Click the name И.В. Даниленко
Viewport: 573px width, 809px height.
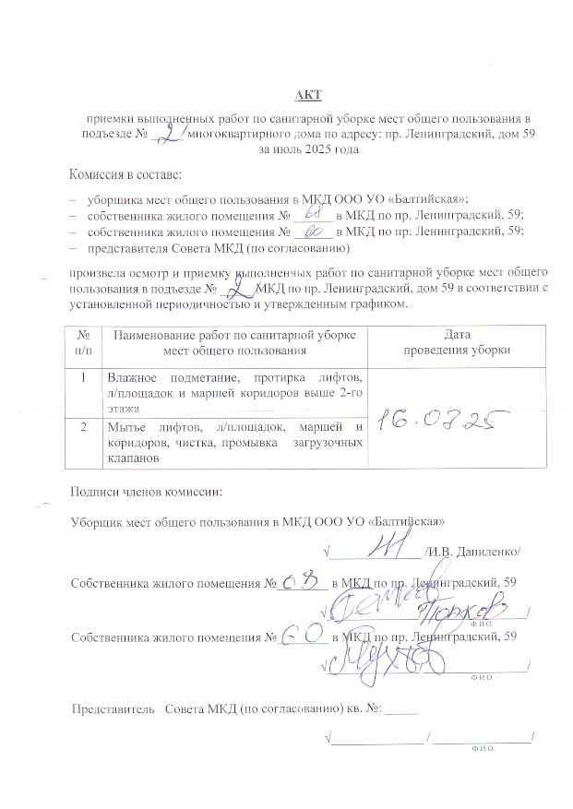[x=472, y=552]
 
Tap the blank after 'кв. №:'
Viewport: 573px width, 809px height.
[x=402, y=710]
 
